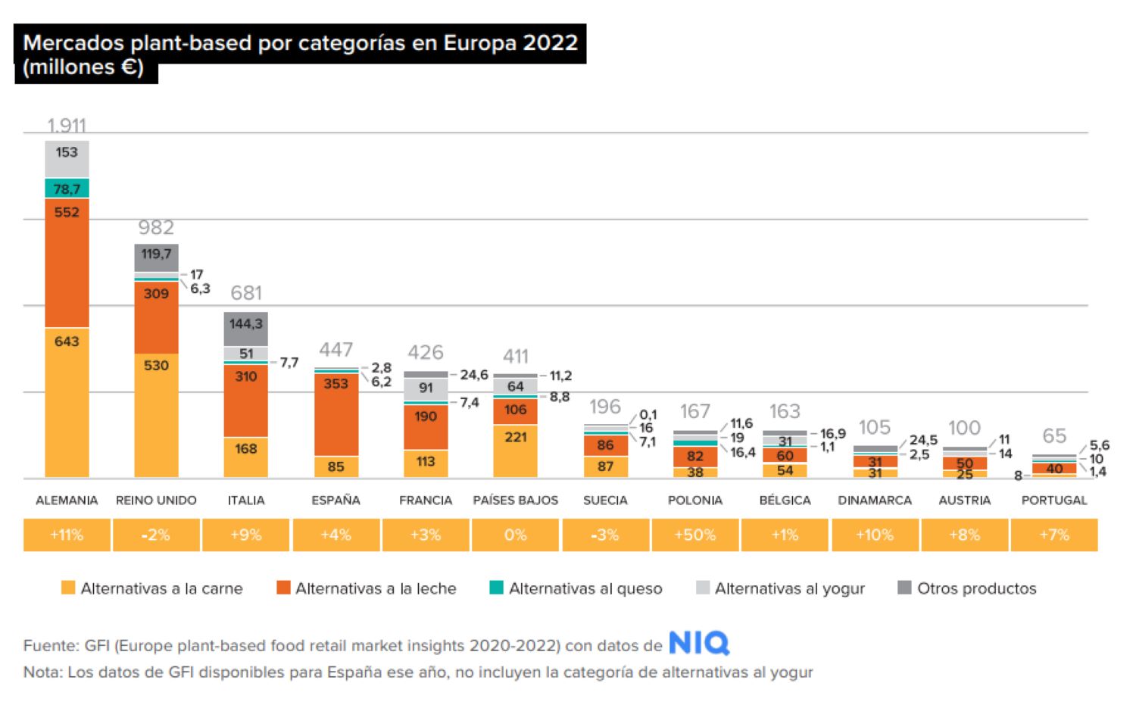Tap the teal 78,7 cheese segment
tap(67, 189)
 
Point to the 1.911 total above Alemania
tap(67, 125)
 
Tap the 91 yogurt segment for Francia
tap(426, 388)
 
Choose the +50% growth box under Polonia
tap(694, 535)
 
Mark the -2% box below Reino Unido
tap(156, 535)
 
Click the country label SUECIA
tap(605, 501)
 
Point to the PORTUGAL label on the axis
tap(1053, 501)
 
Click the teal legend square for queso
tap(497, 588)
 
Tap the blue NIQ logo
tap(698, 644)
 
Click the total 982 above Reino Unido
tap(156, 227)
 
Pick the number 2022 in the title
tap(551, 42)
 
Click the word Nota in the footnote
tap(42, 672)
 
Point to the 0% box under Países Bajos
tap(515, 535)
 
